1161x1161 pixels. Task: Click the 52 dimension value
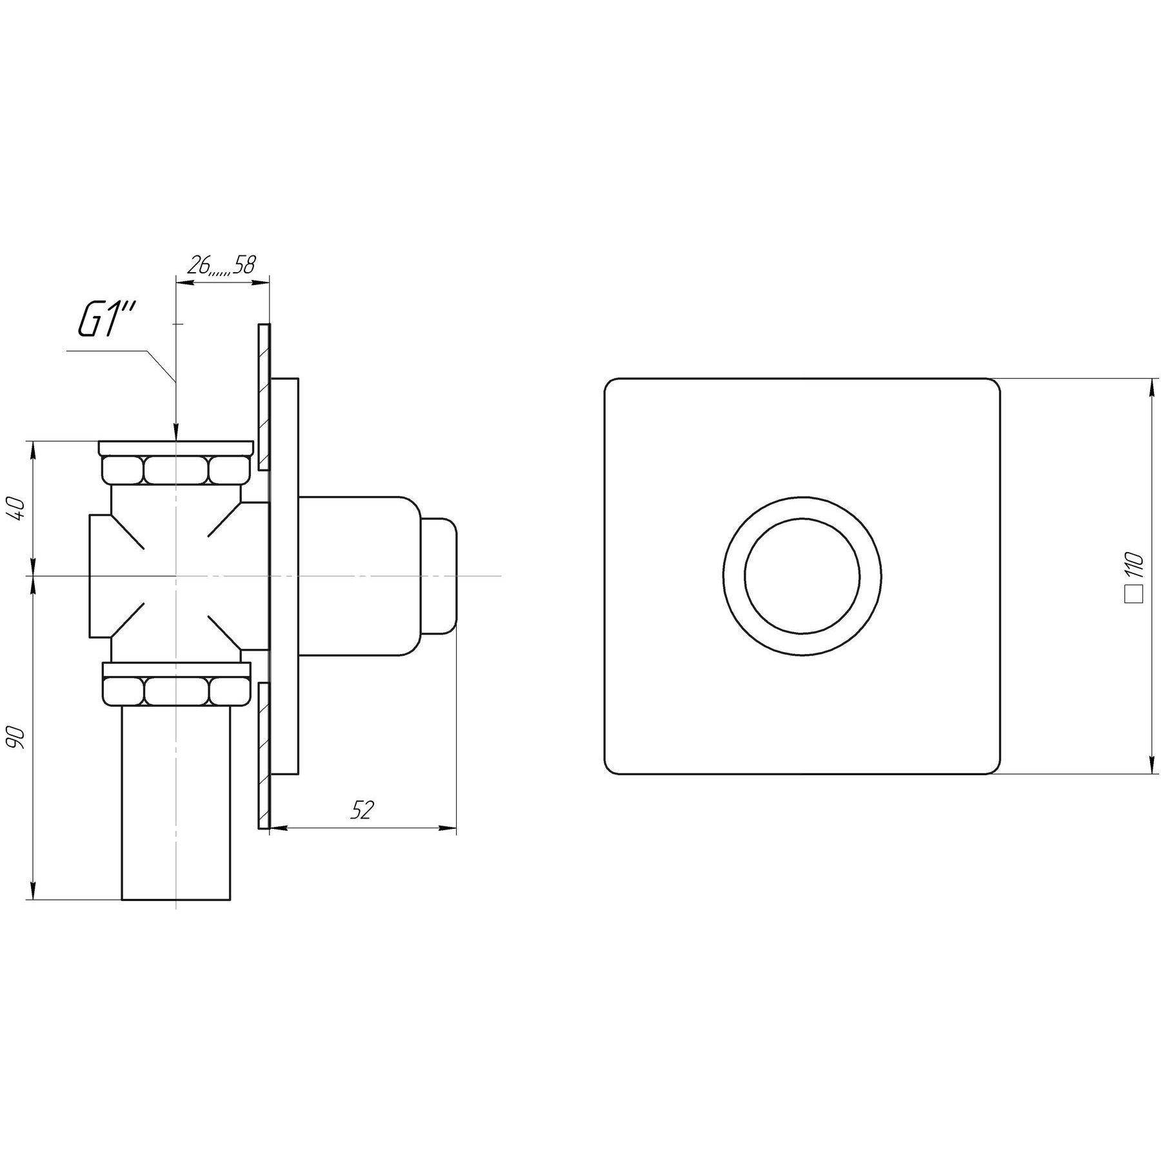point(362,811)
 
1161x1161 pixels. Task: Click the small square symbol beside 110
point(1134,594)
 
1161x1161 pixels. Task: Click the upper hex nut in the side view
point(175,470)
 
